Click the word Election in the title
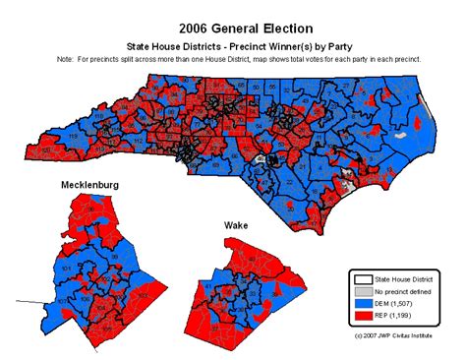284,26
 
